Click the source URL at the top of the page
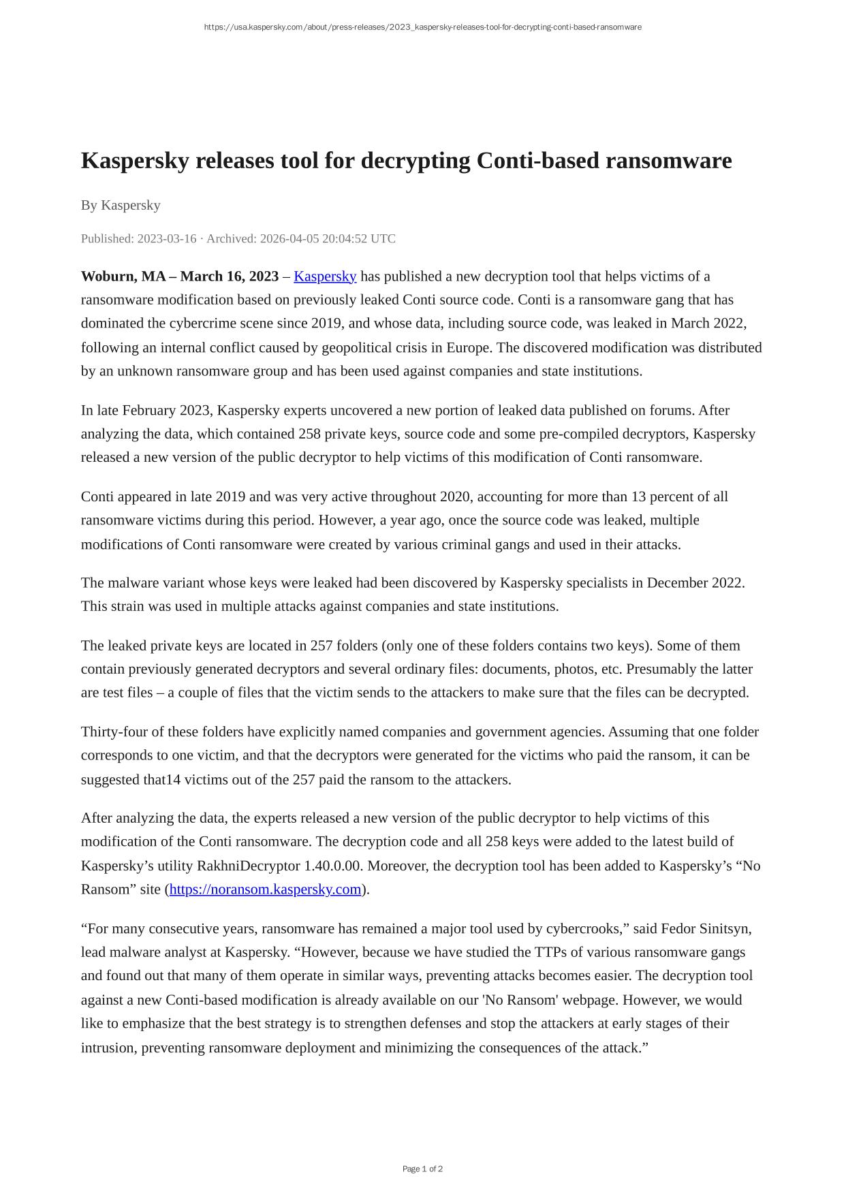422,27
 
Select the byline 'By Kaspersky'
121,205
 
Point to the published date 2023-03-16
166,238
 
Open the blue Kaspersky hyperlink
325,276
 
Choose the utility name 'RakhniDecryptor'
248,866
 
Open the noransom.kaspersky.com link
265,889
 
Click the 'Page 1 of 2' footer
422,1169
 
